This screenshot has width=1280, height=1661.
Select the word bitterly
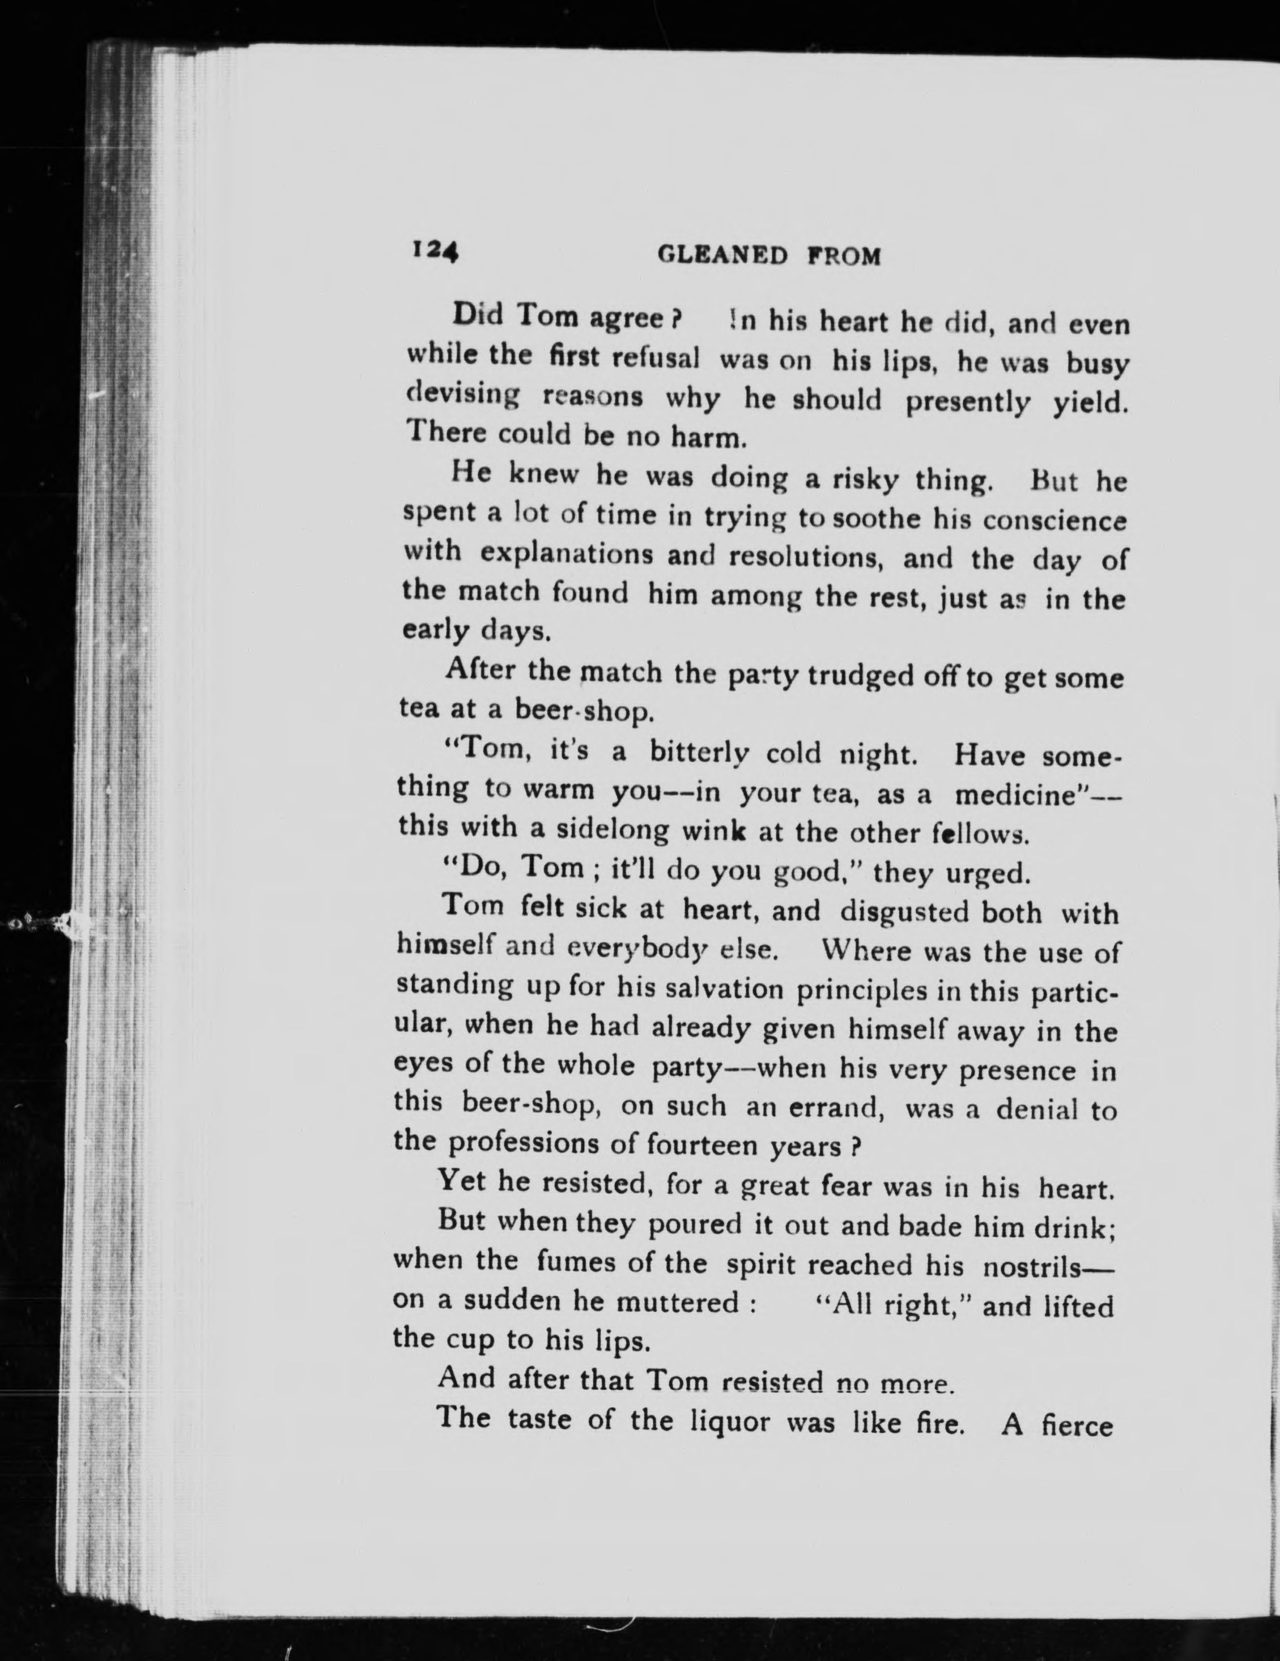coord(699,753)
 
